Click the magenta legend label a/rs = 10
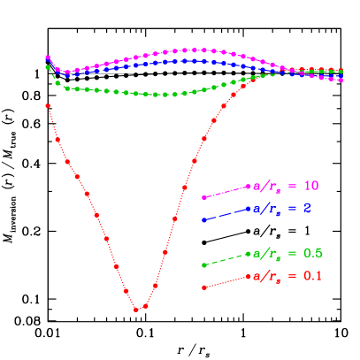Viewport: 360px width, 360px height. tap(286, 187)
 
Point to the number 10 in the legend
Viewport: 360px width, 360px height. tap(311, 187)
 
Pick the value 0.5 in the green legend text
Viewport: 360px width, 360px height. tap(313, 254)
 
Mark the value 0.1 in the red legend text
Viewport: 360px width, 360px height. tap(313, 277)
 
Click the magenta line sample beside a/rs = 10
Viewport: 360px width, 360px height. tap(227, 192)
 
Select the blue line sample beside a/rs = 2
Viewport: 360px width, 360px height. tap(227, 214)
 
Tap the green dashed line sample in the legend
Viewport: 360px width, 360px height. tap(227, 258)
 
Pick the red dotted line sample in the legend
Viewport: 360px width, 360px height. tap(227, 282)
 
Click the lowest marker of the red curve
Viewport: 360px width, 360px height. tap(136, 310)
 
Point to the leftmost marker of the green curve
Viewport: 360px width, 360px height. tap(48, 67)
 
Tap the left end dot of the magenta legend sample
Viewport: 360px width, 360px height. tap(204, 197)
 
